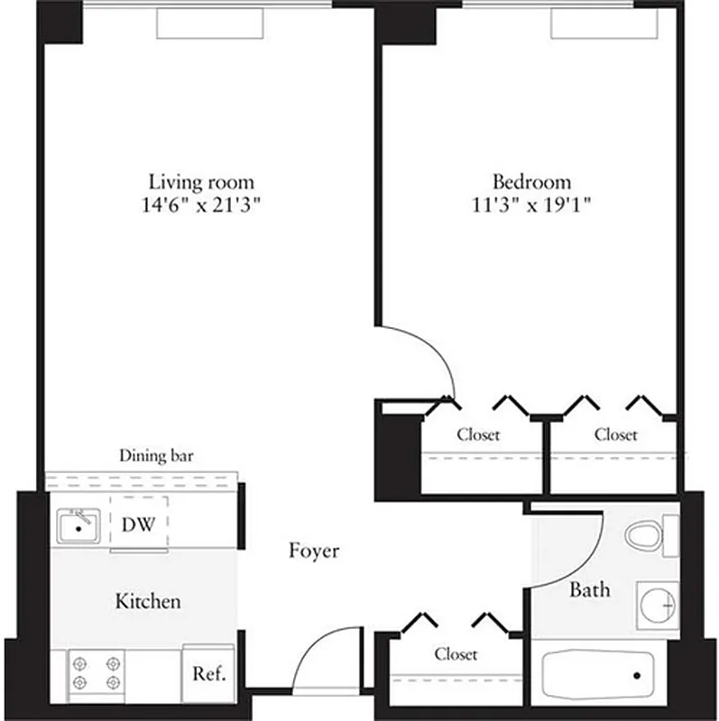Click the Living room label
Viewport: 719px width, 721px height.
(x=201, y=181)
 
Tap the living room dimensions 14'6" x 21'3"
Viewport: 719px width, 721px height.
(x=201, y=203)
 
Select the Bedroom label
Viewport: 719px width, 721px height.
(x=530, y=181)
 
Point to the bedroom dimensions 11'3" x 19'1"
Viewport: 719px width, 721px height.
(x=530, y=203)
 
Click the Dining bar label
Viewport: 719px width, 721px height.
(x=157, y=456)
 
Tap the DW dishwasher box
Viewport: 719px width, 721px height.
(x=139, y=523)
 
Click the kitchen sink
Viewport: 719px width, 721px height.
(x=79, y=525)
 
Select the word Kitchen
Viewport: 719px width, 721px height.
(x=148, y=601)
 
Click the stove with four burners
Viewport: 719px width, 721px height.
(x=97, y=671)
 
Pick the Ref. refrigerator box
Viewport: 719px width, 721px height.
(x=208, y=673)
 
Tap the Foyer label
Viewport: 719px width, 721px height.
(x=314, y=551)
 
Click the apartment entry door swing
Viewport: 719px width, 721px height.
(x=324, y=658)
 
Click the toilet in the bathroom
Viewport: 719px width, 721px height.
(x=646, y=534)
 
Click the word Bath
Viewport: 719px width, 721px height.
(x=589, y=590)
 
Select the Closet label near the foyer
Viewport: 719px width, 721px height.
(x=456, y=653)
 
